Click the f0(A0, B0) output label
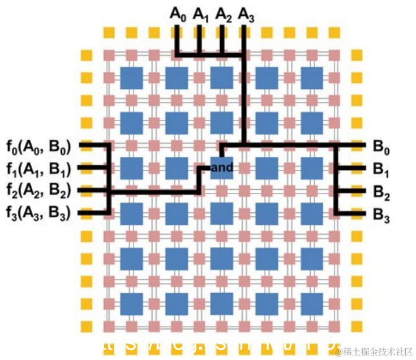point(38,148)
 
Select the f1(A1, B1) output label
point(38,169)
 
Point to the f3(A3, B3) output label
point(38,213)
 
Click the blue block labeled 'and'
point(222,168)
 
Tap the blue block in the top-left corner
point(131,77)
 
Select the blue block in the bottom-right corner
point(312,303)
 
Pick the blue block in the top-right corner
point(312,77)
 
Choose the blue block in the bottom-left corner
point(131,303)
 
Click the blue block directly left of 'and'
point(177,168)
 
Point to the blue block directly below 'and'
point(222,213)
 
